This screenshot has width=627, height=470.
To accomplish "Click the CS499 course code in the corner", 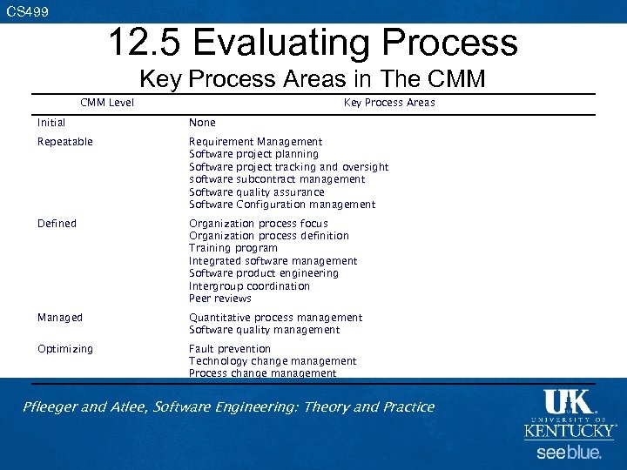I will click(x=27, y=12).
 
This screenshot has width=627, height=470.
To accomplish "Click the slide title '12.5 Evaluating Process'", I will click(x=313, y=43).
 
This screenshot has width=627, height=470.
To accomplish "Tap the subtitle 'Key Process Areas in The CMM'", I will click(x=313, y=79).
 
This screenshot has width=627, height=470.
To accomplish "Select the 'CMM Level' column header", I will click(x=107, y=103).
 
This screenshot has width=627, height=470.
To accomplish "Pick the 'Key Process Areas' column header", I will click(x=389, y=103).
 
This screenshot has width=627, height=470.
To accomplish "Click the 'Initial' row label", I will click(x=51, y=123).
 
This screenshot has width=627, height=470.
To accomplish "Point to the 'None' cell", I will click(x=202, y=123).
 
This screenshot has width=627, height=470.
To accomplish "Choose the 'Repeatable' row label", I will click(x=64, y=142).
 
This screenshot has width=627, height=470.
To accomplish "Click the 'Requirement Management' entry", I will click(x=255, y=142).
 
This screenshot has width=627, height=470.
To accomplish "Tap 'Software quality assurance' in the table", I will click(x=256, y=192).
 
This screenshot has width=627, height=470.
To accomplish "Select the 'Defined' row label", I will click(x=57, y=224).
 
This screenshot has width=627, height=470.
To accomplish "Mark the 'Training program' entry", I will click(x=233, y=248).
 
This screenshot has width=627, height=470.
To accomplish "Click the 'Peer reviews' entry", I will click(x=220, y=299).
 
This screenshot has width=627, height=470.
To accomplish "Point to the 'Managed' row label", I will click(x=59, y=318).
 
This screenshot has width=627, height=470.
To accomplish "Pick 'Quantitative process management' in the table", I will click(x=275, y=318).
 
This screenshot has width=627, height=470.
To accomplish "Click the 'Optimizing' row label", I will click(x=64, y=349).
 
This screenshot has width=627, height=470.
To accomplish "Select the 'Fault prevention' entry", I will click(x=230, y=349).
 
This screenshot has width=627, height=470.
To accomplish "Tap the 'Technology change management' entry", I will click(x=273, y=361).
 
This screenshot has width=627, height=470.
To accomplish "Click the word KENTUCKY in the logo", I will click(x=570, y=430).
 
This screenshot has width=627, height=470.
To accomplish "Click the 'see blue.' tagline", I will click(x=569, y=453).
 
